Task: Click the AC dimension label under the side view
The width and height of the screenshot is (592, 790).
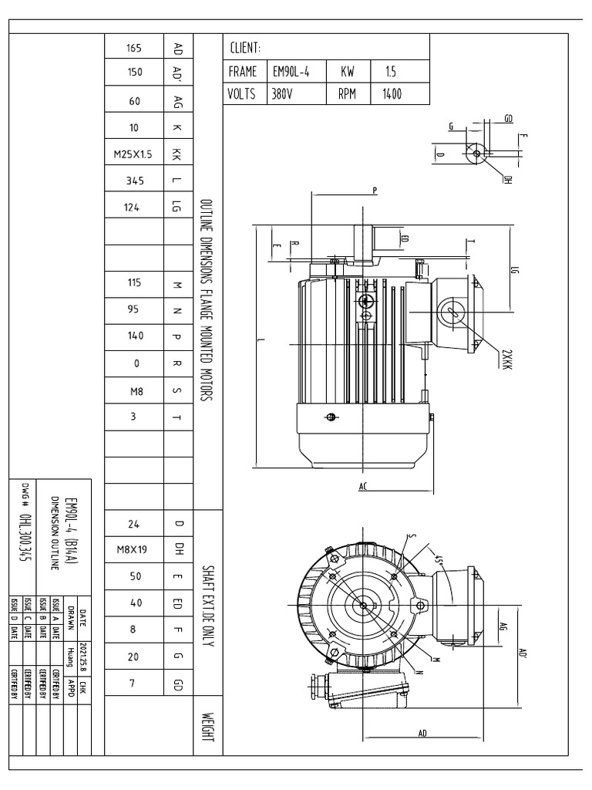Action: pos(362,488)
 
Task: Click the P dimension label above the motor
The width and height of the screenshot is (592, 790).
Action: pos(375,188)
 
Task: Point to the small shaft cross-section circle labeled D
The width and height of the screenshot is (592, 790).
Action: pos(476,154)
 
